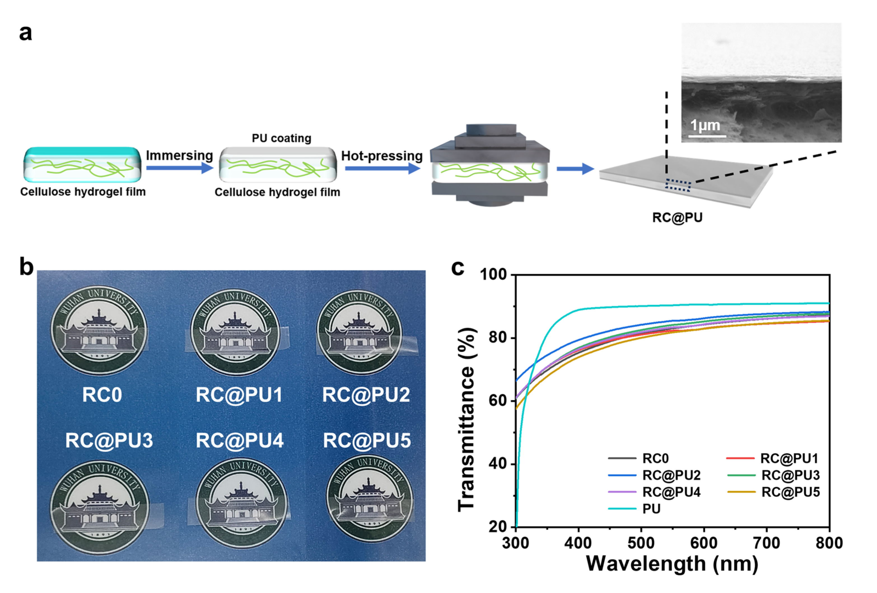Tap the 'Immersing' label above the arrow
(179, 155)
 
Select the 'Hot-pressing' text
(382, 156)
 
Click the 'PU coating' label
(281, 138)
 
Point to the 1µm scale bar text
(705, 125)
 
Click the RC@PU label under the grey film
(677, 217)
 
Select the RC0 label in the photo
(102, 395)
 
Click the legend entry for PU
(651, 509)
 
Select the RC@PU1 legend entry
(789, 458)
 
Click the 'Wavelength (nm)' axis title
(672, 564)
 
